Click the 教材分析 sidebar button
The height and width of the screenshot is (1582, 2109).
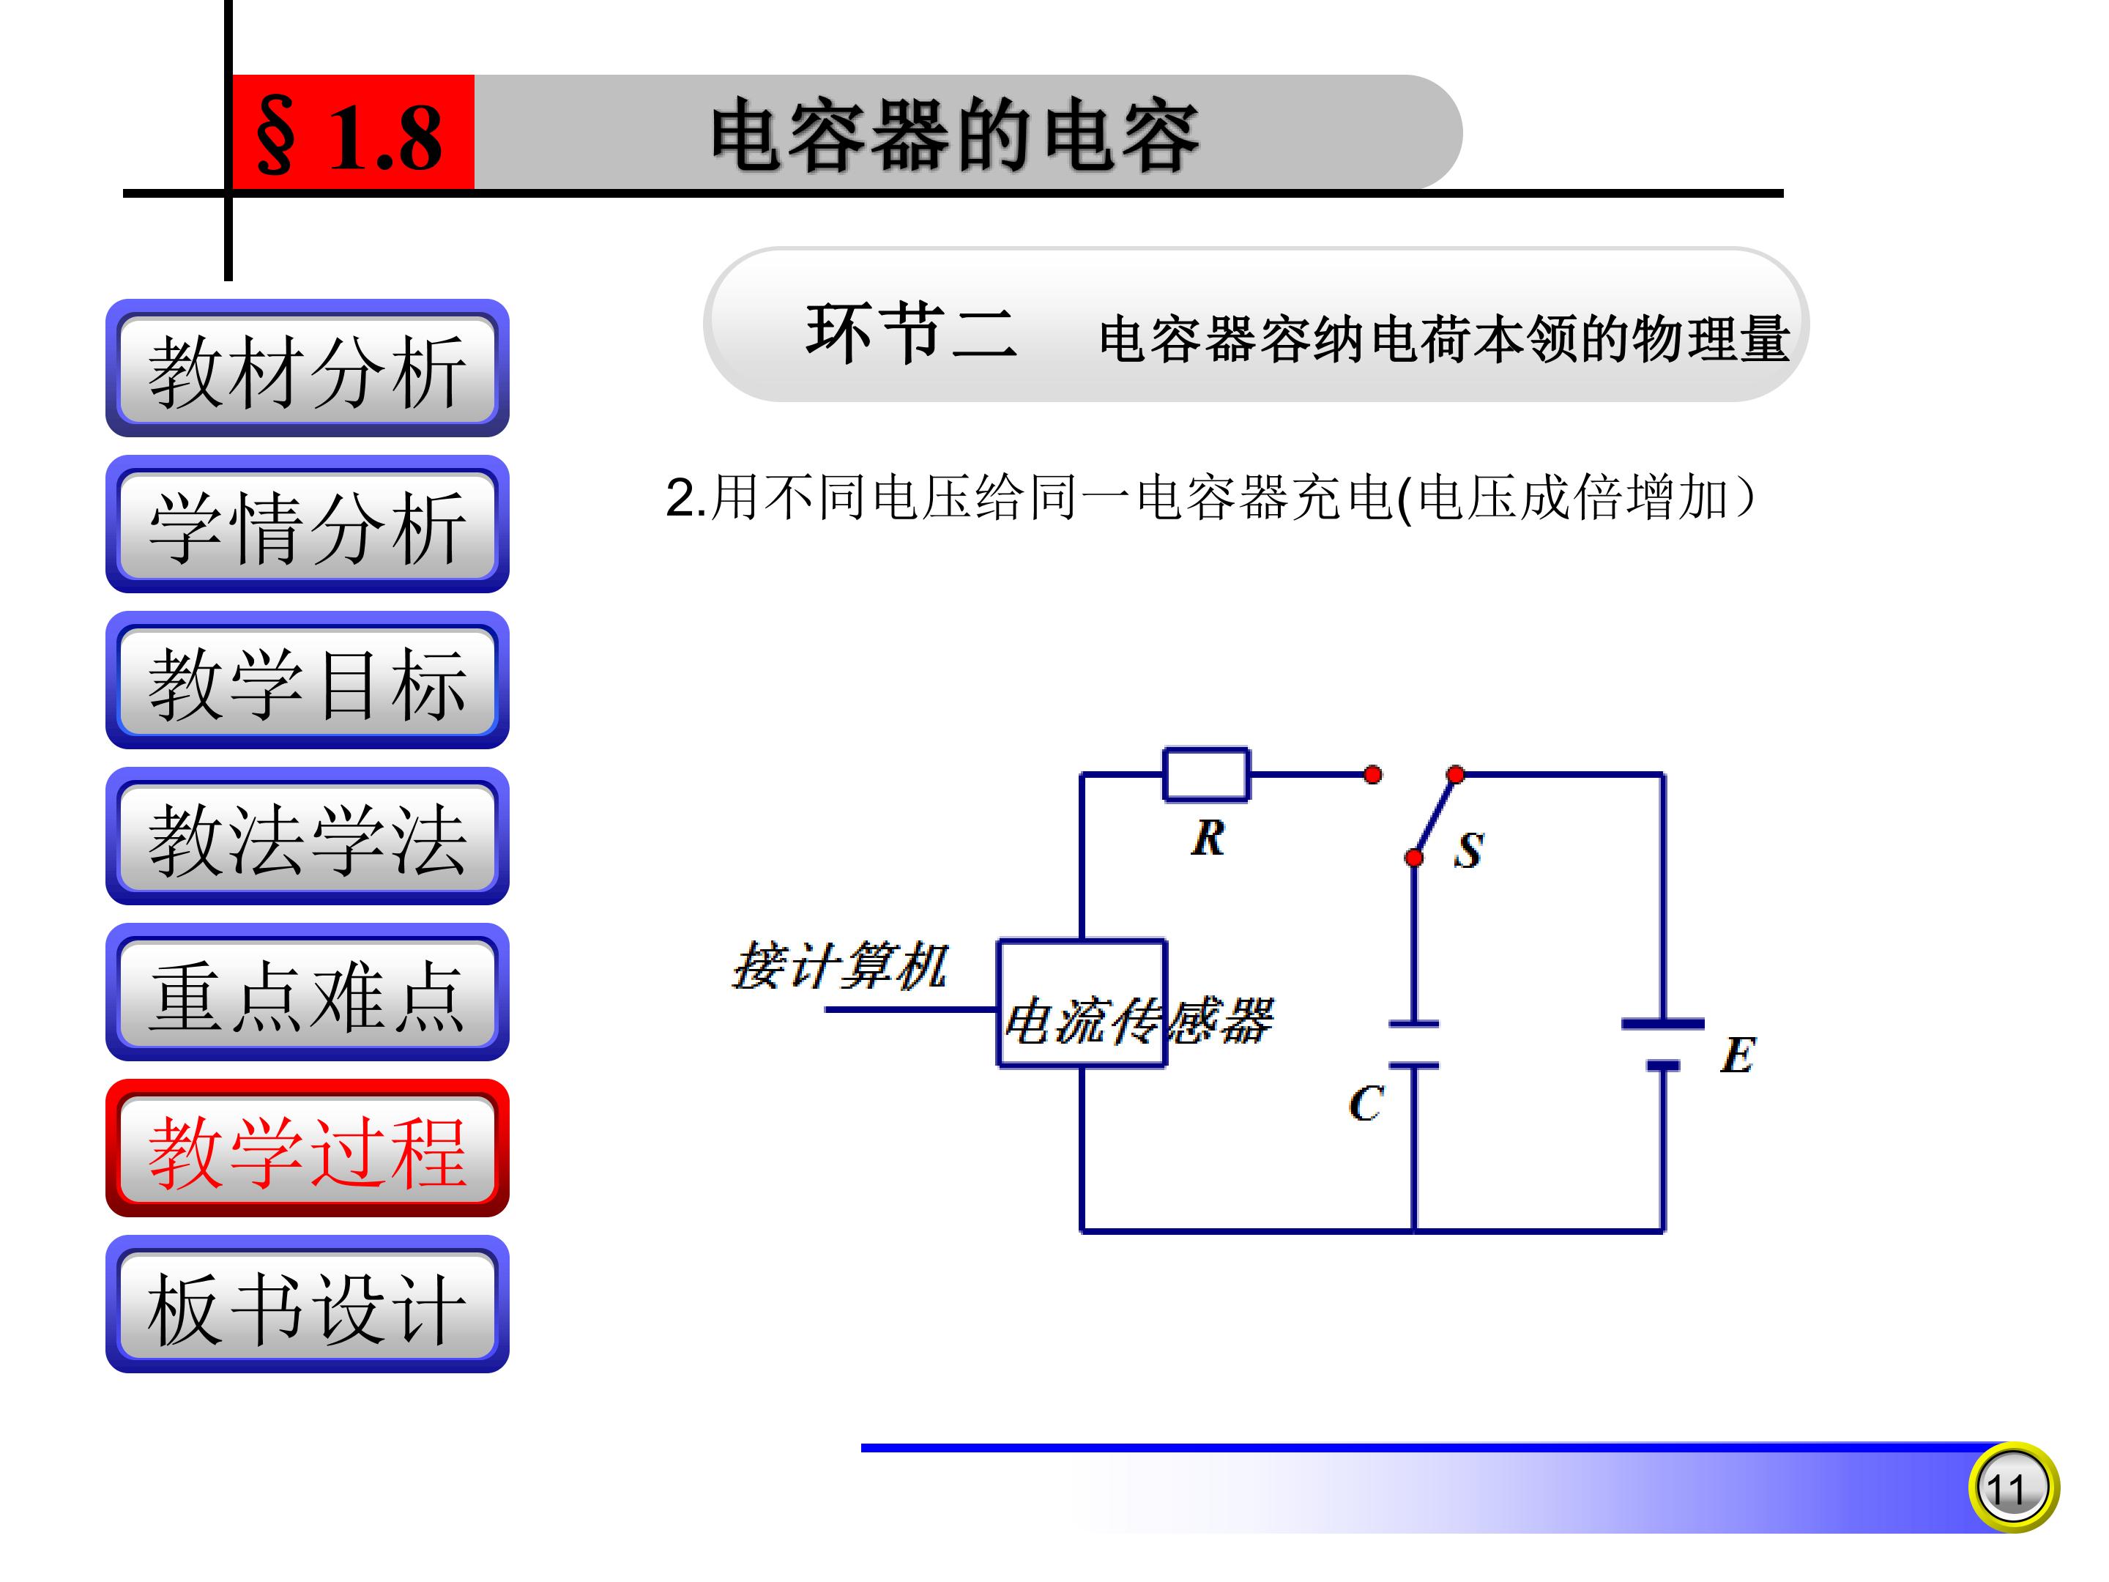click(x=307, y=369)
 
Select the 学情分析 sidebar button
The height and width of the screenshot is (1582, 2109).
click(x=307, y=525)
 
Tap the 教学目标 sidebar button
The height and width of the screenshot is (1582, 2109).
click(x=307, y=681)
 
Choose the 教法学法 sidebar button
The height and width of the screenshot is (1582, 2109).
click(x=307, y=837)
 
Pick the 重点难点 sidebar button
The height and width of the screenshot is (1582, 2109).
click(x=307, y=992)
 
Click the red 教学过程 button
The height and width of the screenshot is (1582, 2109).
click(x=307, y=1149)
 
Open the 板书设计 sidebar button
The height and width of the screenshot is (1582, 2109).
click(x=307, y=1305)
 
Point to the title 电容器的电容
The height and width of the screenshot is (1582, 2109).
click(x=953, y=135)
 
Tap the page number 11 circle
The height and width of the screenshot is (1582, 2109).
click(x=2012, y=1488)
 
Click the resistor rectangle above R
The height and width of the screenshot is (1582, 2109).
click(x=1205, y=774)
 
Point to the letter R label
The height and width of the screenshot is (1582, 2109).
click(x=1208, y=838)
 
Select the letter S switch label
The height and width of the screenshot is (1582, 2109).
click(x=1468, y=850)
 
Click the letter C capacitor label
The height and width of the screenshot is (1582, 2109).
click(x=1365, y=1103)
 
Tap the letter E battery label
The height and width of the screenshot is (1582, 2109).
click(x=1737, y=1055)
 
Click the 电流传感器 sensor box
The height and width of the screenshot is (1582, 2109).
click(x=1081, y=1004)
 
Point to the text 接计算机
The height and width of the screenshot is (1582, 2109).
click(x=840, y=966)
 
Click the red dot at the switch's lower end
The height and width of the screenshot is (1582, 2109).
click(x=1414, y=858)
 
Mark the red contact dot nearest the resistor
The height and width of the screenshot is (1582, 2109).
click(x=1372, y=774)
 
